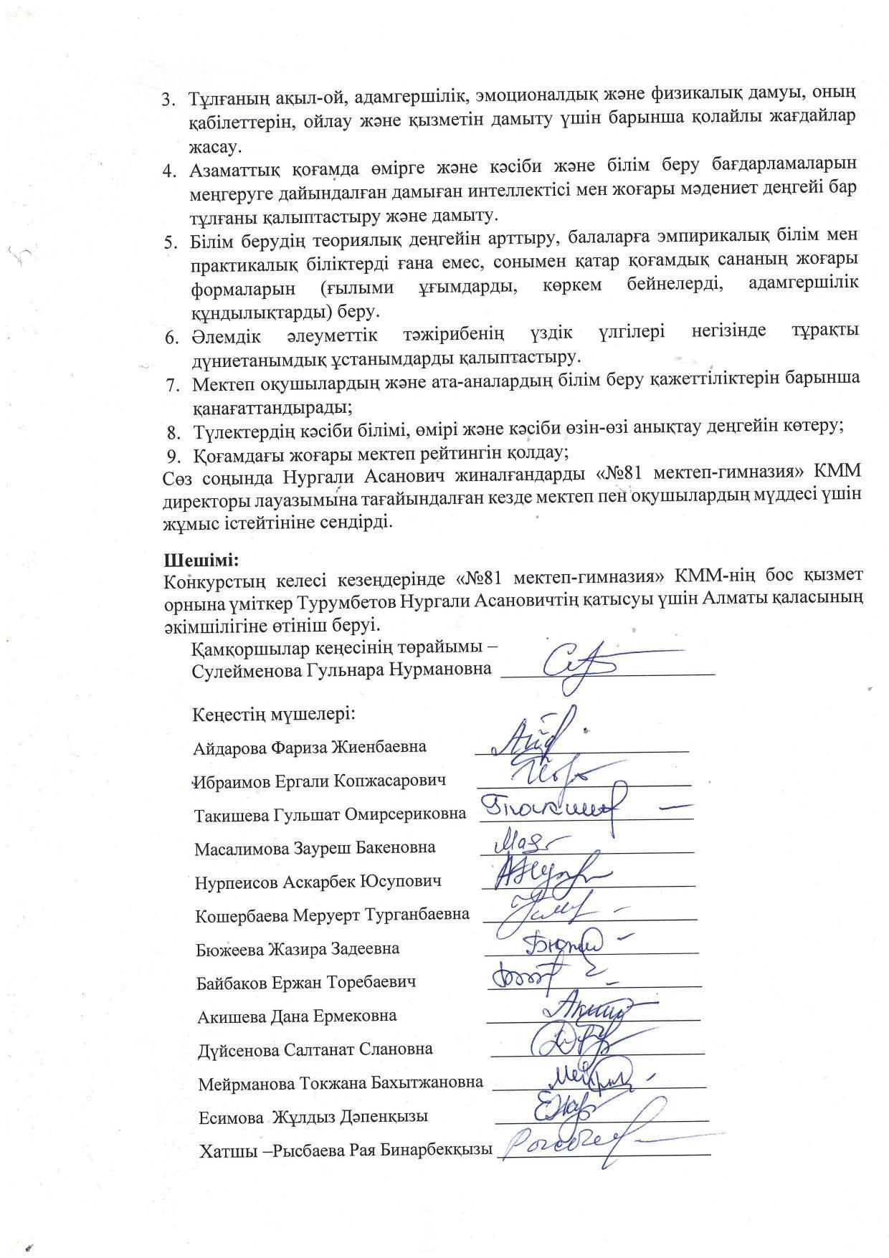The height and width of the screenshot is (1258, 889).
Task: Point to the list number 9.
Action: pos(172,454)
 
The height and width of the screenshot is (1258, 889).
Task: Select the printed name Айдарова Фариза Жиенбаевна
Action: pos(310,747)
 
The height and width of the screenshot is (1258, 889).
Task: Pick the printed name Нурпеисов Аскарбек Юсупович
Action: pos(318,882)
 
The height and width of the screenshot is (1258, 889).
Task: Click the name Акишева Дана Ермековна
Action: pos(297,1016)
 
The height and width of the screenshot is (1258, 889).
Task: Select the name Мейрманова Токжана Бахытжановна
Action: pos(341,1083)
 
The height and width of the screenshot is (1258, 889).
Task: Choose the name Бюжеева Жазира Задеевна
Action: pos(298,949)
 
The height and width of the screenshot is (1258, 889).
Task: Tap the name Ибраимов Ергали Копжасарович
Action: pos(320,781)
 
